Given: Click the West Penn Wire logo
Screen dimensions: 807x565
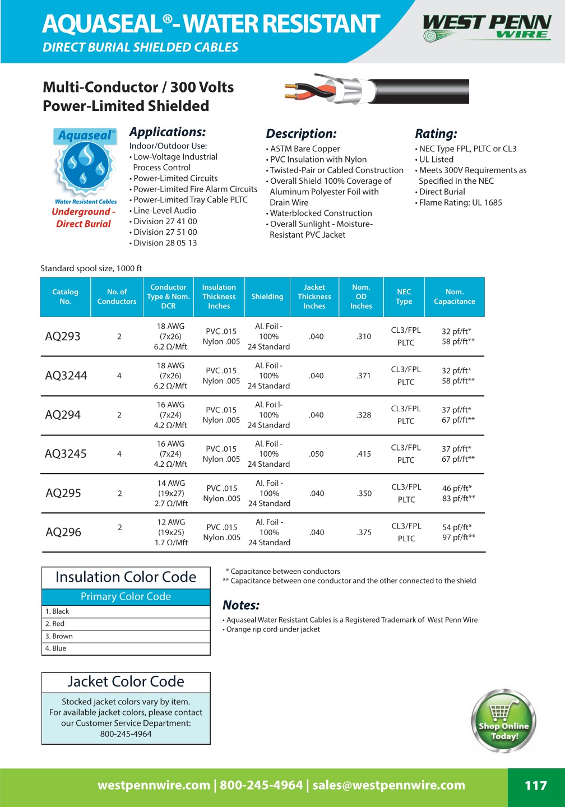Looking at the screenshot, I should pos(487,27).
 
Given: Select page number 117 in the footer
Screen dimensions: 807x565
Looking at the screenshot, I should pos(535,786).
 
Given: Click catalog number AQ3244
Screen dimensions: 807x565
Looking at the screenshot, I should pos(66,375).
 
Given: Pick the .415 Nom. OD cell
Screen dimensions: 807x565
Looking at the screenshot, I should pos(364,454).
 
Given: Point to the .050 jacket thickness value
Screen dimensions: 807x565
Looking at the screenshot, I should pos(316,454).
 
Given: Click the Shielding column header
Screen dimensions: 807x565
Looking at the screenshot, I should pos(267,296).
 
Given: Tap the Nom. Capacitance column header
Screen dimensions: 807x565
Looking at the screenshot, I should pos(454,296).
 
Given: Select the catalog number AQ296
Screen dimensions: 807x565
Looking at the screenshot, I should pos(63,532).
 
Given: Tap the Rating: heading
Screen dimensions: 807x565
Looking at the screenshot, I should pos(436,134).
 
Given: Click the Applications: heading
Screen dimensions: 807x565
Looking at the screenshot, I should pos(168,132).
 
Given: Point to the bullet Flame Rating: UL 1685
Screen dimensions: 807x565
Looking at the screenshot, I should pos(460,202).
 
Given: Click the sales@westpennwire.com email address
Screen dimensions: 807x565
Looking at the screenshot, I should pos(388,785).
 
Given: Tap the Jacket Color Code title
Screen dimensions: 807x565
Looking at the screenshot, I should pos(126,681).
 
